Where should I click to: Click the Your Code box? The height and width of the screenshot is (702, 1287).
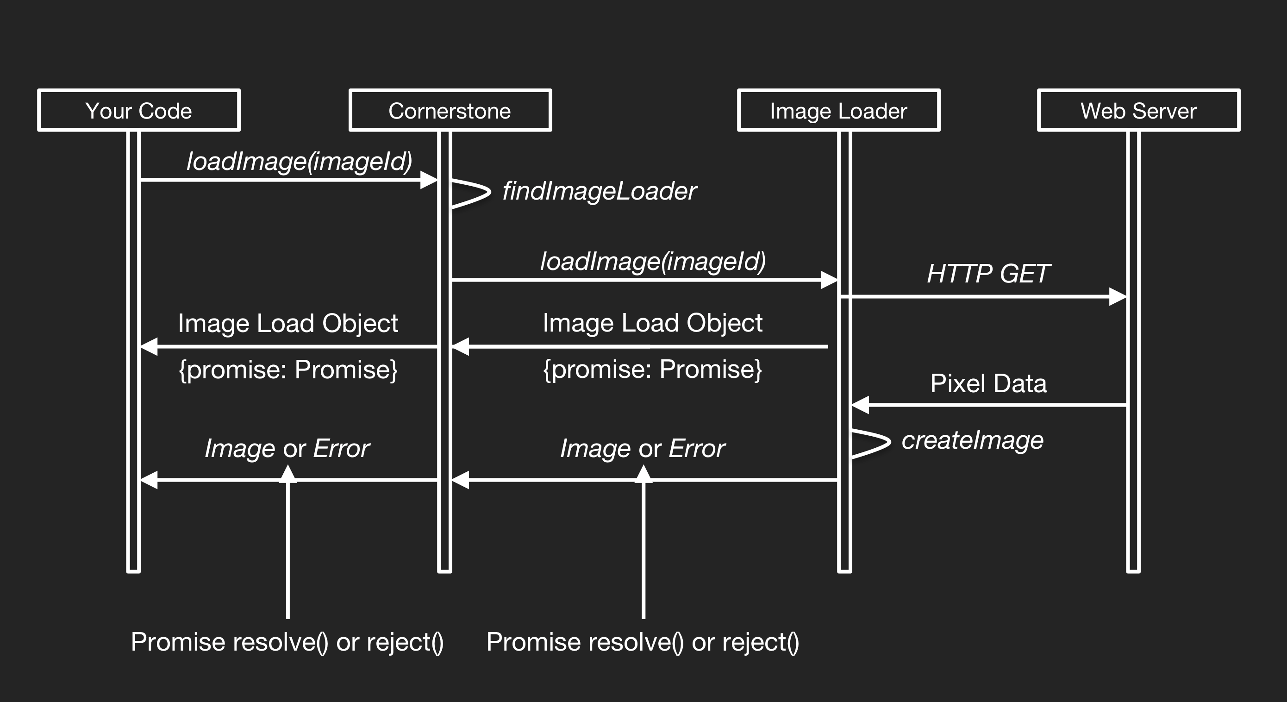(139, 110)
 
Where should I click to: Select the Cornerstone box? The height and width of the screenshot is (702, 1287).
(450, 110)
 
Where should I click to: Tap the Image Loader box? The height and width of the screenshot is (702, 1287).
(838, 110)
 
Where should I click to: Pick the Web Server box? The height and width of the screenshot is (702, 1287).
(1138, 110)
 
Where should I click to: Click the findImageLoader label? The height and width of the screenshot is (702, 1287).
(599, 191)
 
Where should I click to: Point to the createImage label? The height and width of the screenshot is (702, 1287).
(972, 440)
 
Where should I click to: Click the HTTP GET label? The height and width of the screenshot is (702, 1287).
(988, 274)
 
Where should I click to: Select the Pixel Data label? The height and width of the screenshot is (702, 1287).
(988, 384)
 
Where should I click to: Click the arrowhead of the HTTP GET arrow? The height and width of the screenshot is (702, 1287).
(1118, 297)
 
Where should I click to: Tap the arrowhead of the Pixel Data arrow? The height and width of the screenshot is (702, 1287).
(860, 405)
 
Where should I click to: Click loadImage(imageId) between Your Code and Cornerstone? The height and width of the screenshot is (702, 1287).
(299, 162)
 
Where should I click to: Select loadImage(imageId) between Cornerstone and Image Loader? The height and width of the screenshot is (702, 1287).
(652, 261)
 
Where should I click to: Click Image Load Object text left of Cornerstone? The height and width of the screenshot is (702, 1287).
(288, 323)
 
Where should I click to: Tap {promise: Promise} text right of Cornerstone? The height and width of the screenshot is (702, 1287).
(652, 370)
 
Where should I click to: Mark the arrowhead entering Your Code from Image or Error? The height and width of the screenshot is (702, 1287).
(149, 480)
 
